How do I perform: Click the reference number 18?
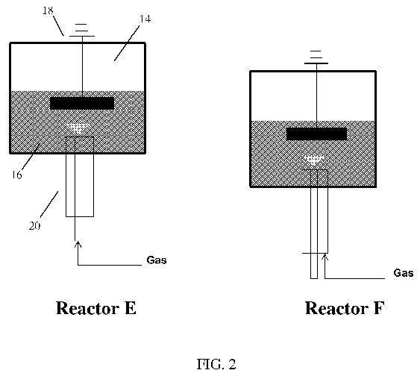[x=48, y=10]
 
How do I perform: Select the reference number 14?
[x=145, y=19]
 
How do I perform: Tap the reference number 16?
[x=16, y=175]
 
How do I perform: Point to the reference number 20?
[x=34, y=226]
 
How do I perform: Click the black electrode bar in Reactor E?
[x=82, y=104]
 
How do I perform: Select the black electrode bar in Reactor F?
[x=316, y=134]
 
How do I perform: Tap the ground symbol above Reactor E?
[x=82, y=30]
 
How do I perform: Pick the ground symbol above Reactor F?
[x=316, y=57]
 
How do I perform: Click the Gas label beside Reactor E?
[x=157, y=260]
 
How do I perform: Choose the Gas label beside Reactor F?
[x=404, y=273]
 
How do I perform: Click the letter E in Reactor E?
[x=131, y=308]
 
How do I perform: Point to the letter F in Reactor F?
[x=379, y=308]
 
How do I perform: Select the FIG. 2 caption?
[x=216, y=364]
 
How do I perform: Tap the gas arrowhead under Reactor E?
[x=78, y=243]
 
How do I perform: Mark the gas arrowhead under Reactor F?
[x=325, y=257]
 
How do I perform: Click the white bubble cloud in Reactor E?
[x=78, y=128]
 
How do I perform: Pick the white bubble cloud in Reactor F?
[x=314, y=160]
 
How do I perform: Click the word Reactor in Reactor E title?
[x=87, y=308]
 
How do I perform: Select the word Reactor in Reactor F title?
[x=336, y=308]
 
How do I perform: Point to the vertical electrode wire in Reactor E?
[x=83, y=66]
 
